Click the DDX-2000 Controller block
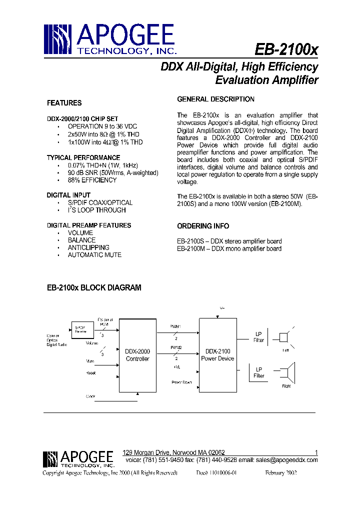click(137, 355)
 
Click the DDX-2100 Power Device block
click(217, 354)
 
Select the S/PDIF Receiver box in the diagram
click(81, 327)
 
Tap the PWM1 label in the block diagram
click(176, 326)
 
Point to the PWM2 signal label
click(176, 347)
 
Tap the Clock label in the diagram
click(90, 396)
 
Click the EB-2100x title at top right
click(286, 50)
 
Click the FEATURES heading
click(64, 103)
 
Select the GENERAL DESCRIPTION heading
click(215, 99)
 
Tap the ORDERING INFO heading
click(203, 225)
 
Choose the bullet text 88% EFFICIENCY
click(92, 180)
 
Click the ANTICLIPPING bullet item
click(88, 247)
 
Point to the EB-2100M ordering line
click(229, 248)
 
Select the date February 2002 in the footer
click(281, 472)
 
